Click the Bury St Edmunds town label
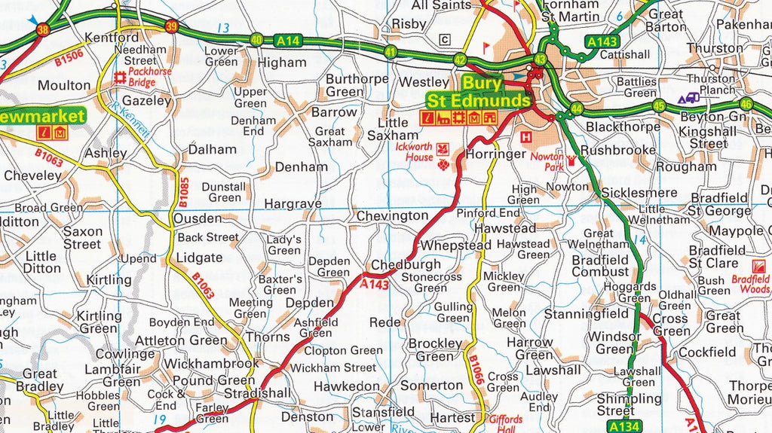[x=478, y=91]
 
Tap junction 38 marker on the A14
[x=42, y=30]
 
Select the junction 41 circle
[x=390, y=52]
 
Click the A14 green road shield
[x=287, y=40]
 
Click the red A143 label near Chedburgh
[x=374, y=284]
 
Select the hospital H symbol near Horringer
[x=526, y=138]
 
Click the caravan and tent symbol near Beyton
[x=688, y=98]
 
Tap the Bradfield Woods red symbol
[x=759, y=267]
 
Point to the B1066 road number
[x=473, y=369]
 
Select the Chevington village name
[x=392, y=216]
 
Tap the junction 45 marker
[x=660, y=106]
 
